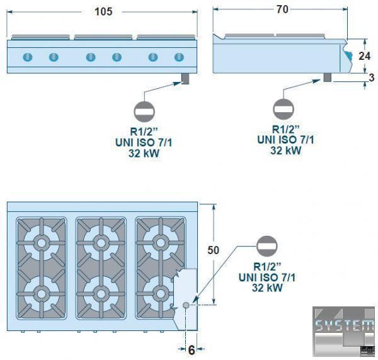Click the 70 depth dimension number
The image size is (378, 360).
(282, 9)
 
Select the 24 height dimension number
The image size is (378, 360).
(365, 55)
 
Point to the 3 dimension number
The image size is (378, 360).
(371, 78)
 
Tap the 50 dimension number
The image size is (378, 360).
(214, 250)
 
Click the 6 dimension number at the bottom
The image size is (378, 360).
(191, 349)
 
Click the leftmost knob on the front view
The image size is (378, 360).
(27, 57)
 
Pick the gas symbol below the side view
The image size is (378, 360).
(283, 108)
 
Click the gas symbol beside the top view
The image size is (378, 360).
(266, 244)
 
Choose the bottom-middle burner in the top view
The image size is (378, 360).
(101, 293)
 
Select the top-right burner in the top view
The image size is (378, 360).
(159, 242)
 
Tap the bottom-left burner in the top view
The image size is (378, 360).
(42, 294)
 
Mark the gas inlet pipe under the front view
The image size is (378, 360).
(185, 78)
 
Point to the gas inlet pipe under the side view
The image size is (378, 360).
(328, 78)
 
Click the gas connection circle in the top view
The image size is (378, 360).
(186, 305)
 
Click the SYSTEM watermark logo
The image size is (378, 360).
(344, 327)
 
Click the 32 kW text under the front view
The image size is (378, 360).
(143, 153)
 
